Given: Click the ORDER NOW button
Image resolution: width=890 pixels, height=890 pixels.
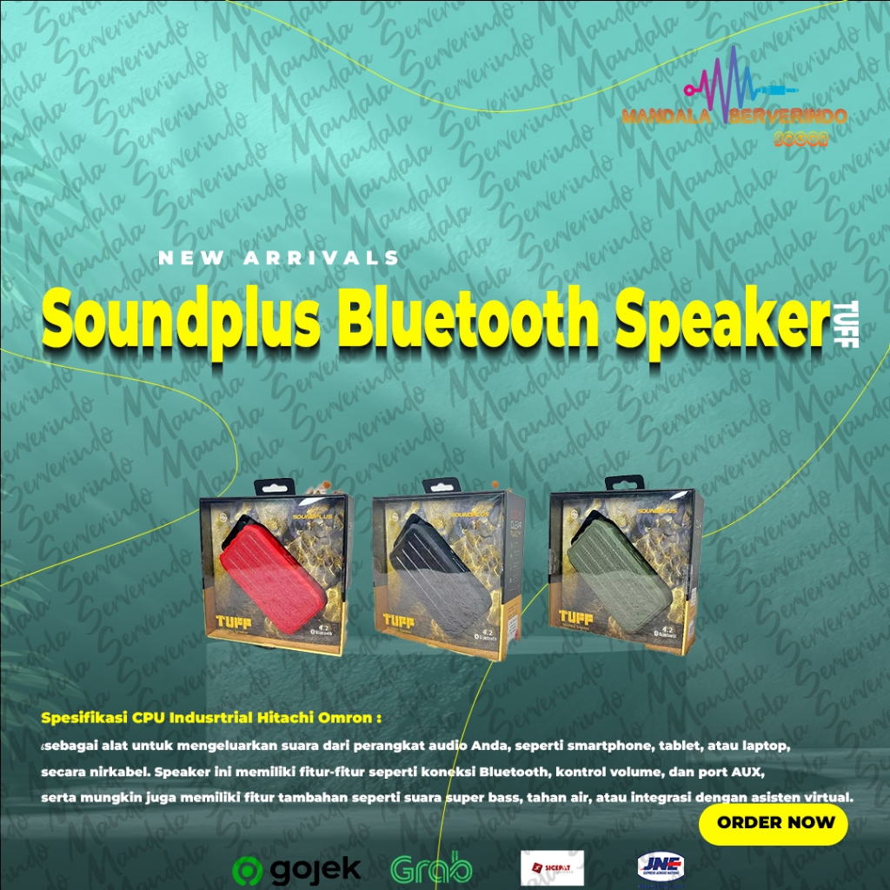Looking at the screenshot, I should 773,822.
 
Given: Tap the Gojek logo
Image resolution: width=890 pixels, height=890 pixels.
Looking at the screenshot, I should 296,868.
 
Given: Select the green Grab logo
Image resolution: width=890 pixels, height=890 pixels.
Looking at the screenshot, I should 432,868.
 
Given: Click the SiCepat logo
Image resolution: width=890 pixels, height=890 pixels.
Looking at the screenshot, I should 552,867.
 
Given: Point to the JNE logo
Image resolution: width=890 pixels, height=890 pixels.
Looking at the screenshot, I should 661,867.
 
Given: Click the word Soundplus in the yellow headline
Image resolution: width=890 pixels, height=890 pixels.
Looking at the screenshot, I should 182,319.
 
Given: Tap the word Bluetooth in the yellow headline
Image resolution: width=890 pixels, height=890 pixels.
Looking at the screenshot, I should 468,319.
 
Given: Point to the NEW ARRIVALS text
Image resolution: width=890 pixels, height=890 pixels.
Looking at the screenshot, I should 278,258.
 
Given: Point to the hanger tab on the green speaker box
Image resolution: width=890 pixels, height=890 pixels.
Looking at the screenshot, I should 624,482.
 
